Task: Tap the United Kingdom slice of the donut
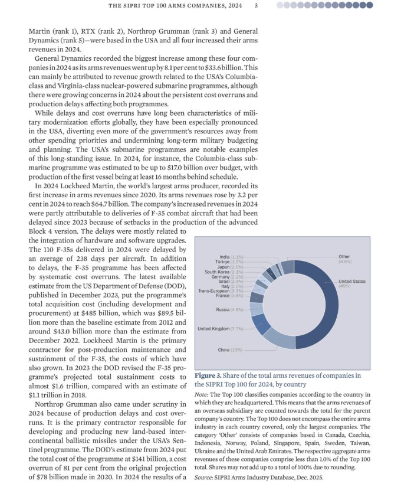pyautogui.click(x=258, y=323)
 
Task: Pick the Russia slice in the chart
pyautogui.click(x=255, y=309)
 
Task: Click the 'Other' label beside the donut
pyautogui.click(x=344, y=257)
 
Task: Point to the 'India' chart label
pyautogui.click(x=224, y=257)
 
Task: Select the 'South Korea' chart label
pyautogui.click(x=217, y=272)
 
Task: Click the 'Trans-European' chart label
pyautogui.click(x=213, y=291)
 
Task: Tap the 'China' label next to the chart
pyautogui.click(x=224, y=350)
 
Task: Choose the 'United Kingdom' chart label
pyautogui.click(x=213, y=329)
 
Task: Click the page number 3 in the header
pyautogui.click(x=256, y=6)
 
